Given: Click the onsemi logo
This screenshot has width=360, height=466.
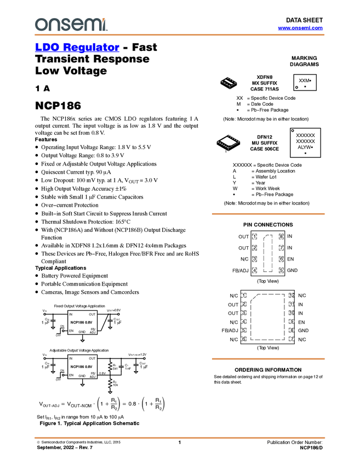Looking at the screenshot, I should click(x=71, y=24).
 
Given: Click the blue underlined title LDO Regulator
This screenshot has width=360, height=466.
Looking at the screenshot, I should click(x=77, y=48).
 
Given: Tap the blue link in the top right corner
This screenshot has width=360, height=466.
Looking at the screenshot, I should click(x=300, y=27).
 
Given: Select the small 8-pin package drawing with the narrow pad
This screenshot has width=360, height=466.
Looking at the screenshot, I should click(x=228, y=82).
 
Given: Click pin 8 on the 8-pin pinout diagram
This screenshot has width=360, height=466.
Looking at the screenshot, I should click(x=281, y=236).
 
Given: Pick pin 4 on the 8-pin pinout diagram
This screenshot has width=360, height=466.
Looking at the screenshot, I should click(x=254, y=270).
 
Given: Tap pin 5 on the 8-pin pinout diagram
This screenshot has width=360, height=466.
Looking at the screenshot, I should click(x=281, y=270).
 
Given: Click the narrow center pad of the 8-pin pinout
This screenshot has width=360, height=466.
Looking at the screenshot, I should click(x=267, y=253).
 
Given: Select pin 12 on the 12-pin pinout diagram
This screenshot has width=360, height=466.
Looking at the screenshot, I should click(x=292, y=296).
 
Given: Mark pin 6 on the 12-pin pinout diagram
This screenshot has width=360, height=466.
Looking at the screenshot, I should click(x=244, y=338).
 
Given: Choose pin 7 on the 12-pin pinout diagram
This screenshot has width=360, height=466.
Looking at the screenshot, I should click(x=292, y=338).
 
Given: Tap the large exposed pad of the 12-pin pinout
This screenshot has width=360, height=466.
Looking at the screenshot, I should click(x=268, y=317).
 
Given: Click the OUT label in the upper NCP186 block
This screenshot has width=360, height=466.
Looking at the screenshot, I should click(x=92, y=314).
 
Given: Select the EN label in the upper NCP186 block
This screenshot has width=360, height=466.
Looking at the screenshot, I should click(x=71, y=331).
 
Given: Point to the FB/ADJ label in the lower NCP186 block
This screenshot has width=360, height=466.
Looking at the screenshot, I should click(x=93, y=376).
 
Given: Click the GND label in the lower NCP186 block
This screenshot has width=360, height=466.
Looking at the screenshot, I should click(x=82, y=376).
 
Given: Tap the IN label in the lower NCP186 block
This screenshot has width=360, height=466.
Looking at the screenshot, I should click(x=71, y=358).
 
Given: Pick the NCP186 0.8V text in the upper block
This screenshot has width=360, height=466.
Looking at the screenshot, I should click(x=82, y=322).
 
